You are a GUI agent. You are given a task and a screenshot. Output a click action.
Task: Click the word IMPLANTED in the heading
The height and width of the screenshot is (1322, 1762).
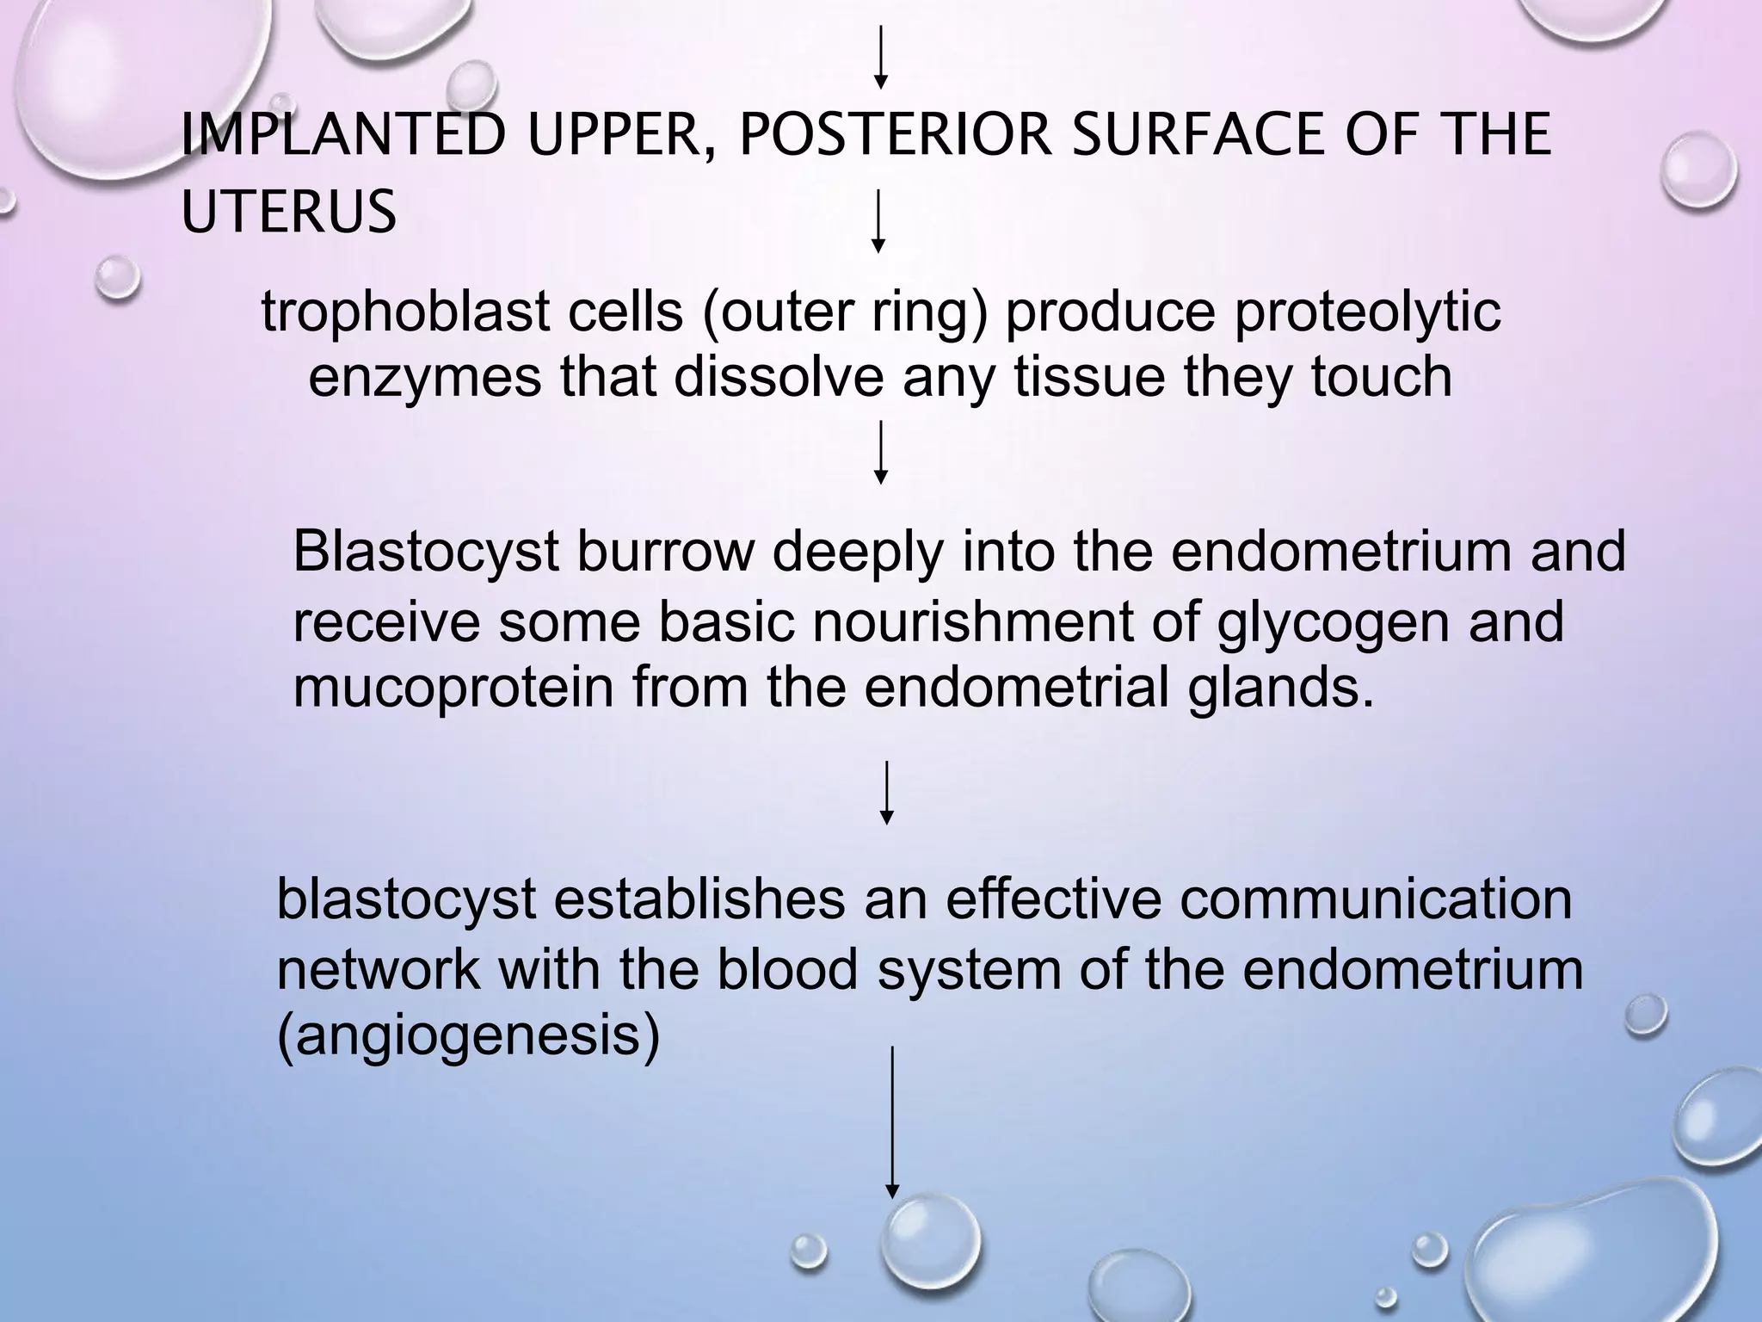(x=342, y=136)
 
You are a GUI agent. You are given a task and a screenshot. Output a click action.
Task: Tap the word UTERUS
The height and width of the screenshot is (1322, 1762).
(x=289, y=212)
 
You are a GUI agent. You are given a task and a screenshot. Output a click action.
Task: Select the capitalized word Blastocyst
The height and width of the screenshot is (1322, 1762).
(x=426, y=553)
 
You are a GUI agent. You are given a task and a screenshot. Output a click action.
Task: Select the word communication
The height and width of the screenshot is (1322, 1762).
(x=1375, y=900)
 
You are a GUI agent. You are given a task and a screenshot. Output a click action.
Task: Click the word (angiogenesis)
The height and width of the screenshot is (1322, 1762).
(x=469, y=1036)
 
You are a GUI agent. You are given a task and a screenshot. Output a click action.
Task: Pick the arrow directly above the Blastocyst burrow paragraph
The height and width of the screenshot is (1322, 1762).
(x=880, y=452)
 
